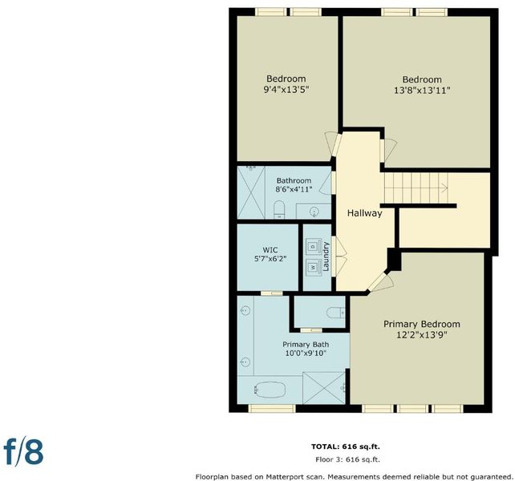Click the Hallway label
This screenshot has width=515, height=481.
point(364,213)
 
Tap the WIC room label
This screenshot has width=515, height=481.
point(270,250)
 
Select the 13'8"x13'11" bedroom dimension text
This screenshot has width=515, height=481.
point(422,91)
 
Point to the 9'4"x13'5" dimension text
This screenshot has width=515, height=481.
point(286,90)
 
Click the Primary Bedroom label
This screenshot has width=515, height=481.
point(422,324)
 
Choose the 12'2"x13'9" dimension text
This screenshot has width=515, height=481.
point(422,335)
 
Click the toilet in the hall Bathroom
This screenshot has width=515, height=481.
point(279,209)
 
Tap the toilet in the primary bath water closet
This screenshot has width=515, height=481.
point(335,313)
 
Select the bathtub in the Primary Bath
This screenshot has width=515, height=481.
point(270,390)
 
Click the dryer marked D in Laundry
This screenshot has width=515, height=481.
point(313,246)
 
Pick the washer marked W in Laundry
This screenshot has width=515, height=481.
point(313,268)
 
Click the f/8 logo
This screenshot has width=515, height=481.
point(23,453)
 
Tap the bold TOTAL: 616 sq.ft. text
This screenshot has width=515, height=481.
point(346,447)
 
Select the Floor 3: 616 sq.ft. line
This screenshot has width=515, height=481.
point(347,459)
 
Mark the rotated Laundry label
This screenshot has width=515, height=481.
point(326,257)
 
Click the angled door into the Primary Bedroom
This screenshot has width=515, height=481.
point(380,281)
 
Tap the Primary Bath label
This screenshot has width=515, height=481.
point(306,345)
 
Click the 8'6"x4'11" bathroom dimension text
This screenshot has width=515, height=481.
point(294,189)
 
